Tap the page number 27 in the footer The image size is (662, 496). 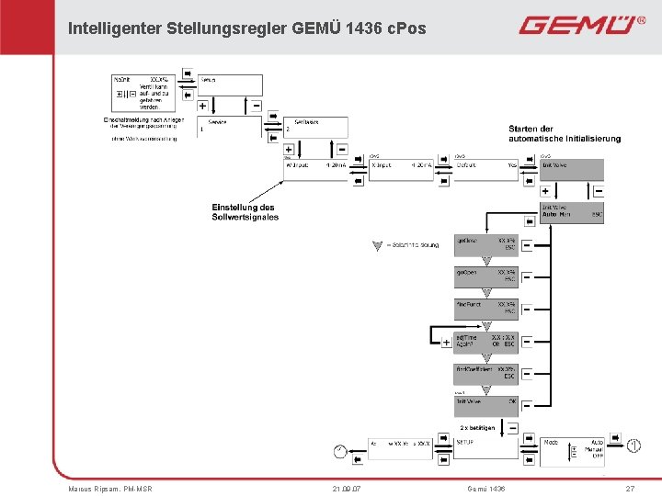(x=630, y=488)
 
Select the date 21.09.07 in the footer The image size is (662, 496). (x=347, y=488)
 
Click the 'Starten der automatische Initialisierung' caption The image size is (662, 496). (x=565, y=133)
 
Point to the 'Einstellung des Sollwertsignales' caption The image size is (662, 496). (x=245, y=212)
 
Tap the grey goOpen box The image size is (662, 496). (x=486, y=276)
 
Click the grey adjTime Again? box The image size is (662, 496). (x=486, y=342)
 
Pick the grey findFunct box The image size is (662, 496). (x=486, y=309)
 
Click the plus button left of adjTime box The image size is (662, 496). (x=446, y=343)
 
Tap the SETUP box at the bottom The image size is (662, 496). (x=486, y=447)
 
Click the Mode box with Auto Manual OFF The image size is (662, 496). (x=573, y=447)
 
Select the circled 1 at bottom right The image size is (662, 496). (x=634, y=446)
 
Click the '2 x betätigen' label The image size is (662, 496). (x=477, y=428)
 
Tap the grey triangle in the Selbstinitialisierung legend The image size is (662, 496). (x=375, y=245)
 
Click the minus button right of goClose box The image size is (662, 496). (x=527, y=245)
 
